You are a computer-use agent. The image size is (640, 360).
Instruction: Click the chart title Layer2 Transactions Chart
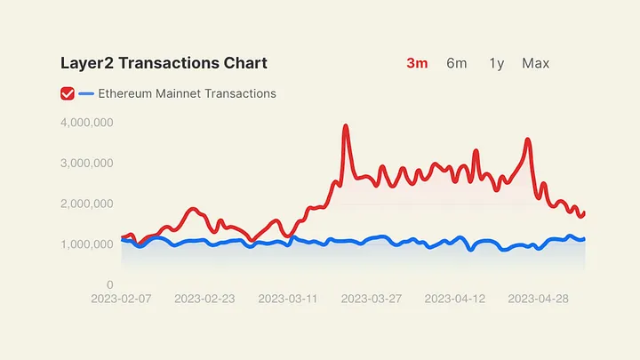[164, 63]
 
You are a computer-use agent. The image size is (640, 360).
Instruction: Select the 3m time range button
[417, 63]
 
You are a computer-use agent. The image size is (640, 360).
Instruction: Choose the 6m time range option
[457, 63]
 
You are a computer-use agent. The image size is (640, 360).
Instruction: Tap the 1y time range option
[496, 63]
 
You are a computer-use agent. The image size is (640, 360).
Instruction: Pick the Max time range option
[536, 63]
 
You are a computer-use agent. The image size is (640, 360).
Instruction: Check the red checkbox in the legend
[67, 93]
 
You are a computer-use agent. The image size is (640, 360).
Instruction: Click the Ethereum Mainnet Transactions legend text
[187, 93]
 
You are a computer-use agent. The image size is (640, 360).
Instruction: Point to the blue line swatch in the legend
[86, 93]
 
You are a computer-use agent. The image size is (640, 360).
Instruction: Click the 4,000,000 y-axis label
[86, 123]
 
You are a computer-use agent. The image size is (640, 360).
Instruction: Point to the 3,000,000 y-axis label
[86, 164]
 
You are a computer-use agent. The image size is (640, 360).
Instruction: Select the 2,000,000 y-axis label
[86, 204]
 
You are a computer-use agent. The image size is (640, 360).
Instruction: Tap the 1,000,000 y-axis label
[86, 244]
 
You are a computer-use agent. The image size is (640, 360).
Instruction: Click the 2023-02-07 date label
[121, 299]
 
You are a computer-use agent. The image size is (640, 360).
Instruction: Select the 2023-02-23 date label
[204, 299]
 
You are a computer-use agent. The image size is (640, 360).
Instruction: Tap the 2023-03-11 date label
[288, 299]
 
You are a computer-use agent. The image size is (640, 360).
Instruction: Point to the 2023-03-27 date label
[372, 299]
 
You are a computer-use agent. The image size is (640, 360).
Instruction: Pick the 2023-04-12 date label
[455, 299]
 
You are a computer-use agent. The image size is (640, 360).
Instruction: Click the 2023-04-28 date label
[539, 299]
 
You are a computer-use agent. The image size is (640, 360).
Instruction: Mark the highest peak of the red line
[346, 126]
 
